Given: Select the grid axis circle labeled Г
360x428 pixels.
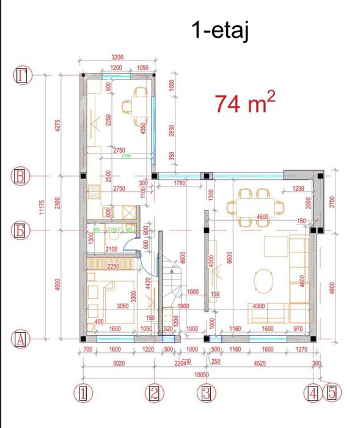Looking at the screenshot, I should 23,75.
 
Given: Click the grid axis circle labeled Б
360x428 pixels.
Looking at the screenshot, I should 23,231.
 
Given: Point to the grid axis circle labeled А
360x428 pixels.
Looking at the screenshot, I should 23,338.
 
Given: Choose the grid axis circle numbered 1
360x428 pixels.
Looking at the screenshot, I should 83,393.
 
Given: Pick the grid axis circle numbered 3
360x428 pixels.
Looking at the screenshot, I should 207,393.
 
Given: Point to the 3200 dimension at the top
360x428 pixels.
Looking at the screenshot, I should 117,57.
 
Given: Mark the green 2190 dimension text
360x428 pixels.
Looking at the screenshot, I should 127,156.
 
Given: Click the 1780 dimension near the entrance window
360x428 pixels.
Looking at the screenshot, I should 179,183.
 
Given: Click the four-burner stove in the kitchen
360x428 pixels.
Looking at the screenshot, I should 95,192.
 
